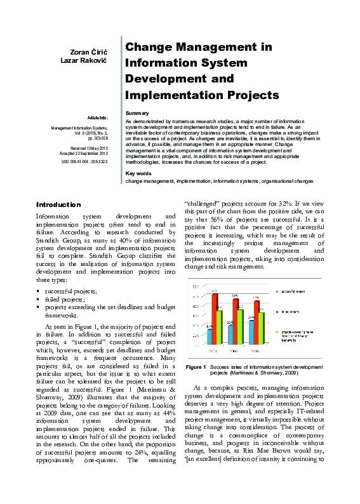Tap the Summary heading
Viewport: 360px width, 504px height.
[x=137, y=112]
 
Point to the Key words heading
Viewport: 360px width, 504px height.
[x=139, y=173]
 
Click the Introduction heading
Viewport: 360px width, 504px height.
[x=58, y=204]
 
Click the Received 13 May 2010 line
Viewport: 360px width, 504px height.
[x=91, y=148]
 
